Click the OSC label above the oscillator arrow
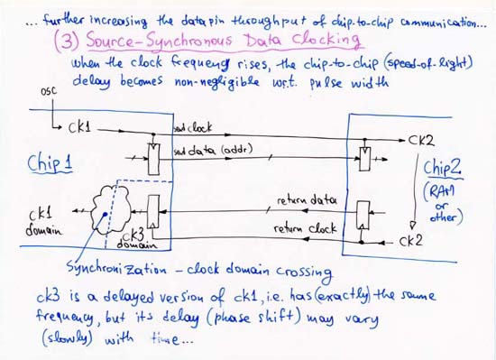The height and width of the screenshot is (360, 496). (x=49, y=92)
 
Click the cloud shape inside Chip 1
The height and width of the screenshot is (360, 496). (x=108, y=209)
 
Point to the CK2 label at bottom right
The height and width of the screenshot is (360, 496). (x=410, y=240)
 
